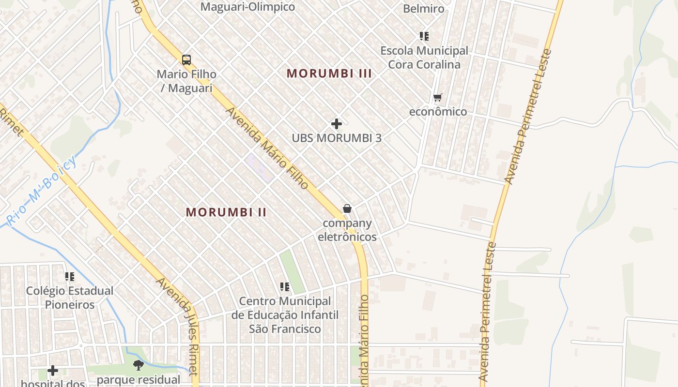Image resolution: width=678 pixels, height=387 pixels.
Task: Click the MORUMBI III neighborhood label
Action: pyautogui.click(x=329, y=74)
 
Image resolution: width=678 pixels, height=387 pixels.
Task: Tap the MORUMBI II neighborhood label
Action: pyautogui.click(x=226, y=212)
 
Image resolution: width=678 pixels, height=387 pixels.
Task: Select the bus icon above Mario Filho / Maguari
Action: pyautogui.click(x=186, y=60)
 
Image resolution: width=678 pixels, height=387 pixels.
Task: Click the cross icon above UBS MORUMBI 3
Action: pyautogui.click(x=337, y=124)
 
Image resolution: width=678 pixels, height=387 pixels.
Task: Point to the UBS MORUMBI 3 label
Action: pyautogui.click(x=337, y=138)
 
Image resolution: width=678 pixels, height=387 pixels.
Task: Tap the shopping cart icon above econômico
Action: pyautogui.click(x=438, y=98)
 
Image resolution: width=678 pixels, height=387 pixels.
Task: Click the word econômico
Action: pyautogui.click(x=438, y=112)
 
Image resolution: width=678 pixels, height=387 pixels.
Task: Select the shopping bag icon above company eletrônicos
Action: pyautogui.click(x=347, y=208)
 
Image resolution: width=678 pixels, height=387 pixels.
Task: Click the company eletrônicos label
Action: pyautogui.click(x=347, y=230)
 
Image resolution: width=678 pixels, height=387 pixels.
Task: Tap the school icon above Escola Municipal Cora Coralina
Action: pyautogui.click(x=424, y=36)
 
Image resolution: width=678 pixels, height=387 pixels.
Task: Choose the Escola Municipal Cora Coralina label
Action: pyautogui.click(x=424, y=58)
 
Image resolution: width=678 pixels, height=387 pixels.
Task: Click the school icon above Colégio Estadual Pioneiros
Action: pyautogui.click(x=70, y=277)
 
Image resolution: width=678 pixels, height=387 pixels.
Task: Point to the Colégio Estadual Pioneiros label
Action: pyautogui.click(x=70, y=298)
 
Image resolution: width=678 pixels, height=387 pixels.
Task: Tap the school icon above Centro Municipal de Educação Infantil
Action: pyautogui.click(x=285, y=287)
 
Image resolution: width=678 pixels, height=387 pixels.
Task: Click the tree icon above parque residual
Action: pyautogui.click(x=139, y=365)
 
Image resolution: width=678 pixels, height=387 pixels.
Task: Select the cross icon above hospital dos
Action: pyautogui.click(x=53, y=371)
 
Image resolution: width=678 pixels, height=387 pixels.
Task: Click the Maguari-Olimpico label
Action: pyautogui.click(x=247, y=7)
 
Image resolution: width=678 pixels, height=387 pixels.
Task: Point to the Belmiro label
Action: pyautogui.click(x=424, y=9)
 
